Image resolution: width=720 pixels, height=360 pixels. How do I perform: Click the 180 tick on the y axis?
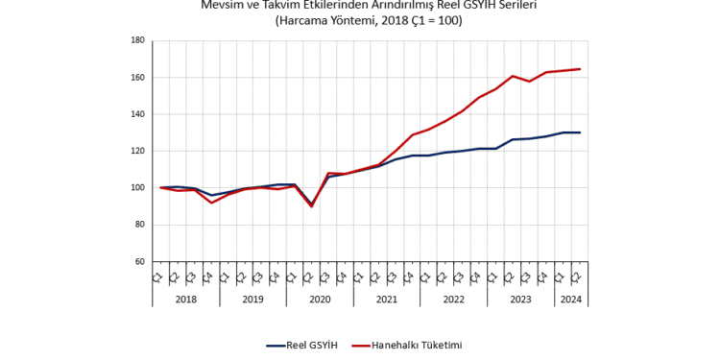[x=136, y=40]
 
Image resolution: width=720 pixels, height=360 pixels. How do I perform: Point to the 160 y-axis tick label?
[x=136, y=78]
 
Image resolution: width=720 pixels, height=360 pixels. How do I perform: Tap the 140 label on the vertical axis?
[x=136, y=114]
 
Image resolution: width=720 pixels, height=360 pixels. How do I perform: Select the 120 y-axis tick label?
[x=136, y=151]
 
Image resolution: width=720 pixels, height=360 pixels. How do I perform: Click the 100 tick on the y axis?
[x=136, y=188]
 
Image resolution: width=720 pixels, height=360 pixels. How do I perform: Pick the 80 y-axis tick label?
[x=138, y=225]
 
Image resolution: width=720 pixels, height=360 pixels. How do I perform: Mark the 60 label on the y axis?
[x=138, y=261]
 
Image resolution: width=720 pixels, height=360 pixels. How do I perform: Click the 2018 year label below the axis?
[x=185, y=300]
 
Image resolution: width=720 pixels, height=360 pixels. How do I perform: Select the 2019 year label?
[x=252, y=300]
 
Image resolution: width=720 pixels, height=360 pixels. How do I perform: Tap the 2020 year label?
[x=320, y=300]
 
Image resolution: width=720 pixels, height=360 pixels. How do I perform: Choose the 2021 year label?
[x=387, y=300]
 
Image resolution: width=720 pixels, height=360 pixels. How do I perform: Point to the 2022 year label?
[x=454, y=300]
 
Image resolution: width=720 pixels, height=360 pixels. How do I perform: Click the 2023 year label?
[x=521, y=300]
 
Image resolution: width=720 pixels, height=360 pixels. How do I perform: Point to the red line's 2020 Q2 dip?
[x=311, y=205]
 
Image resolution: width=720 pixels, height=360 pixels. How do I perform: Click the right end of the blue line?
[x=580, y=132]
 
